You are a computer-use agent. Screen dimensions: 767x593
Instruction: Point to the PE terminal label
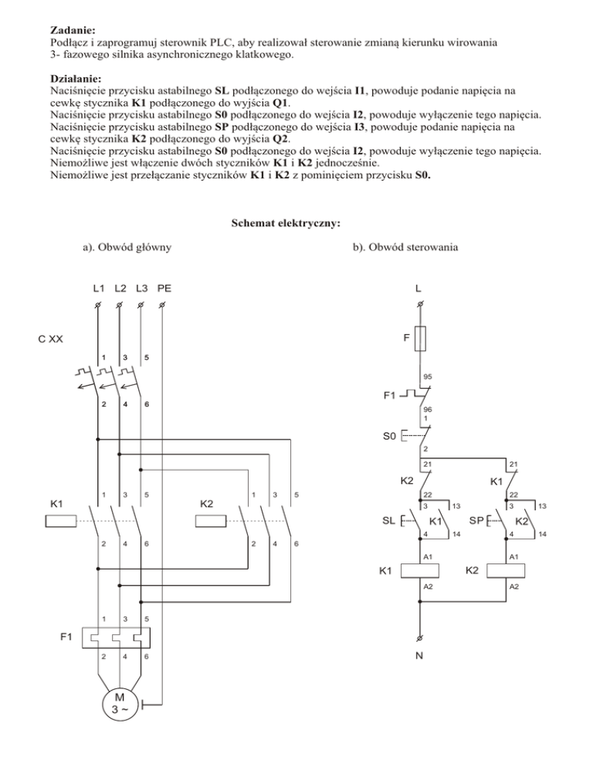(x=164, y=289)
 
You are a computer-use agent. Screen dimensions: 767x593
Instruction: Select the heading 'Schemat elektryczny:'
(x=286, y=225)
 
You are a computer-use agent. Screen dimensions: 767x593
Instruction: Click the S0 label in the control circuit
(x=389, y=436)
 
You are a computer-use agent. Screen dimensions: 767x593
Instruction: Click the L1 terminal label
(x=99, y=289)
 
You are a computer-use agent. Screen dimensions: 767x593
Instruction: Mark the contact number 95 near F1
(x=427, y=377)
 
